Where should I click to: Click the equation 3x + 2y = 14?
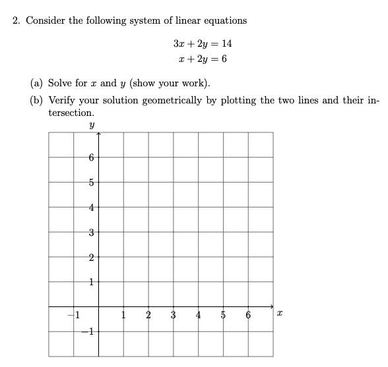[203, 44]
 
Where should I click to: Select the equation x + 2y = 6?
[203, 59]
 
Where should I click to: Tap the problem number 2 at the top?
[16, 20]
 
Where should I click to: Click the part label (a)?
[38, 84]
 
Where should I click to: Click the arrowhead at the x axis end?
[271, 306]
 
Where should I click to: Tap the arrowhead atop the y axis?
[98, 134]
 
